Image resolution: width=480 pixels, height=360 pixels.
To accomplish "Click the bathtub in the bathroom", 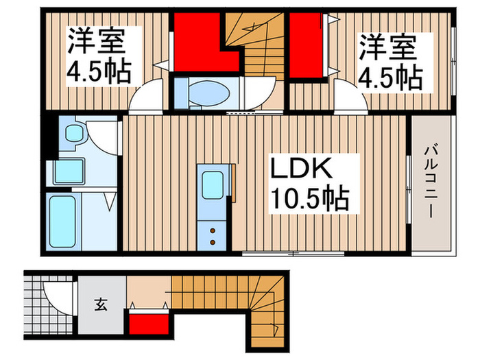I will click(64, 219).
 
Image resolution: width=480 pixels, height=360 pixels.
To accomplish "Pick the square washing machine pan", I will click(67, 169).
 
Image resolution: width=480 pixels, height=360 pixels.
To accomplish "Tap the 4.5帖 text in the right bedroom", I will click(388, 77).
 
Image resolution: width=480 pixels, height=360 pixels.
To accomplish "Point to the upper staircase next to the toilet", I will click(261, 55).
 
